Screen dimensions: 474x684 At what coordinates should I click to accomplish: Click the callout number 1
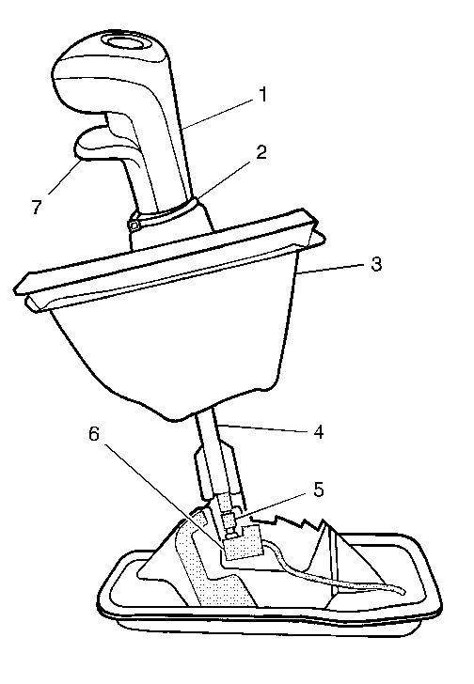(x=262, y=95)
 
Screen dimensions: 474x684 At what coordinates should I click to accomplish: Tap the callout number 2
(x=261, y=152)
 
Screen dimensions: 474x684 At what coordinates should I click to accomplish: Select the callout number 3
(x=376, y=264)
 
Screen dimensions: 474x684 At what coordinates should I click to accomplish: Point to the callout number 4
(x=318, y=432)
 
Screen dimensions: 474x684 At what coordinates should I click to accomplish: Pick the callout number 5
(x=319, y=490)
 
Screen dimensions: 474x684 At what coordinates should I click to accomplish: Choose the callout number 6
(x=94, y=434)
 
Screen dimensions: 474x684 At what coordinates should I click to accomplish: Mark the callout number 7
(x=37, y=207)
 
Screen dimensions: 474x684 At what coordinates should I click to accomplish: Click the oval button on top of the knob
(x=125, y=43)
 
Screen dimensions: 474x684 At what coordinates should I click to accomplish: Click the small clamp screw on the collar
(x=134, y=225)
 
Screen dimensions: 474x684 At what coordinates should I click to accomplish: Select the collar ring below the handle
(x=168, y=213)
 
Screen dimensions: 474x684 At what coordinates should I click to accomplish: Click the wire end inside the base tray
(x=401, y=591)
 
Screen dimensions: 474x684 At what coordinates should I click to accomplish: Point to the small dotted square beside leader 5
(x=229, y=520)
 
